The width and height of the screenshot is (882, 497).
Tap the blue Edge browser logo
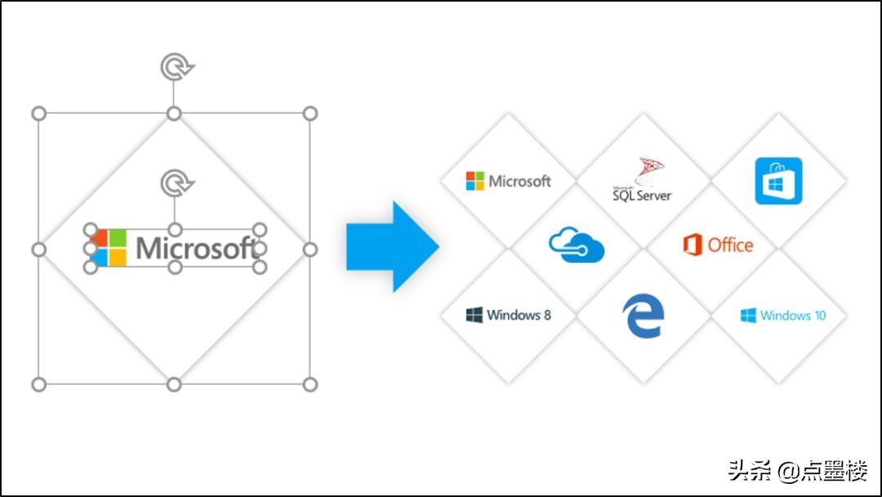644,315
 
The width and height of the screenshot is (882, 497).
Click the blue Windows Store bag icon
778,181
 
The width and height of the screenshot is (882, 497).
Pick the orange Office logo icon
693,245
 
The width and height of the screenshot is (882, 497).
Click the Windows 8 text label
519,315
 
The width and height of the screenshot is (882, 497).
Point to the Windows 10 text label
793,315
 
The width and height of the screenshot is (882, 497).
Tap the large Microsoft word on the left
196,248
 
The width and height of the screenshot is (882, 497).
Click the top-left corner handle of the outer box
38,113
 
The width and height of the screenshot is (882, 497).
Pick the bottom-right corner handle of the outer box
310,384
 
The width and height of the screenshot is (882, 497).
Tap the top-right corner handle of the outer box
310,113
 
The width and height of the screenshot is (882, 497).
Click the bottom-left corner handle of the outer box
38,384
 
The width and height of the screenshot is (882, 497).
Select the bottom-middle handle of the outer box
174,384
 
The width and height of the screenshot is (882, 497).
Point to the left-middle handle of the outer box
38,249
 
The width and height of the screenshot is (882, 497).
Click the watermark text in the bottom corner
798,471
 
